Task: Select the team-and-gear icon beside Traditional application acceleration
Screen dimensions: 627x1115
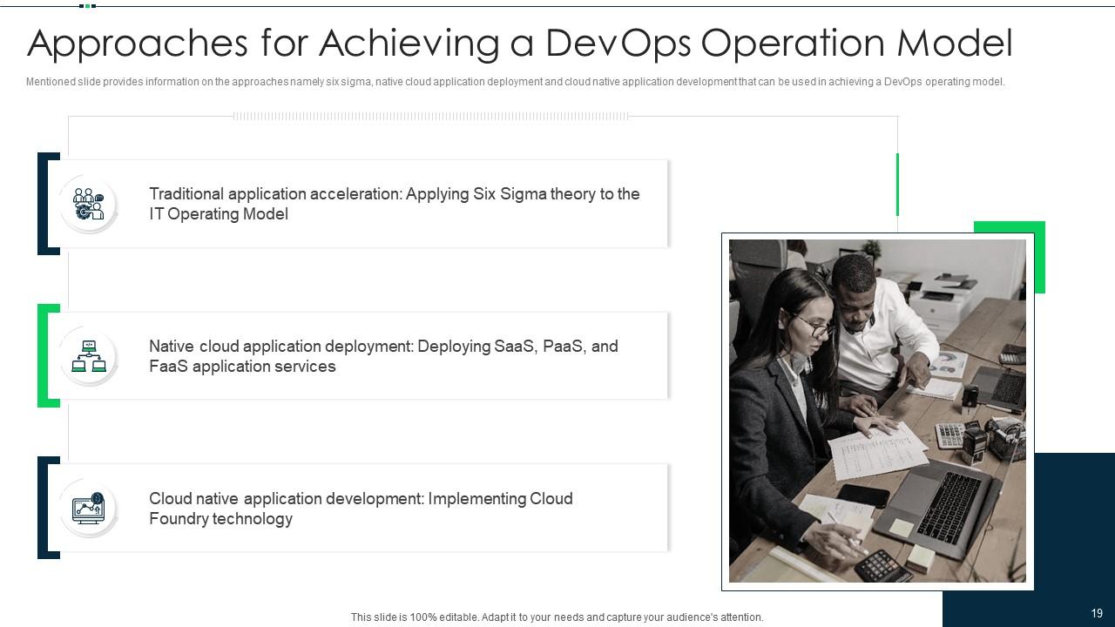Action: click(x=88, y=204)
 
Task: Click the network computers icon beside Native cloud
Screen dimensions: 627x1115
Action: click(x=88, y=356)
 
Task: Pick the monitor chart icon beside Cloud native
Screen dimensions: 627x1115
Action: click(x=88, y=508)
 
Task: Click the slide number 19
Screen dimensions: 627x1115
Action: click(x=1097, y=613)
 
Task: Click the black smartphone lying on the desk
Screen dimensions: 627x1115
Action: click(x=862, y=496)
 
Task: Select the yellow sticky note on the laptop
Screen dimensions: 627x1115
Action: click(x=901, y=527)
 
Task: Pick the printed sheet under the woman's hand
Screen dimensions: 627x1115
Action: click(x=875, y=448)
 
